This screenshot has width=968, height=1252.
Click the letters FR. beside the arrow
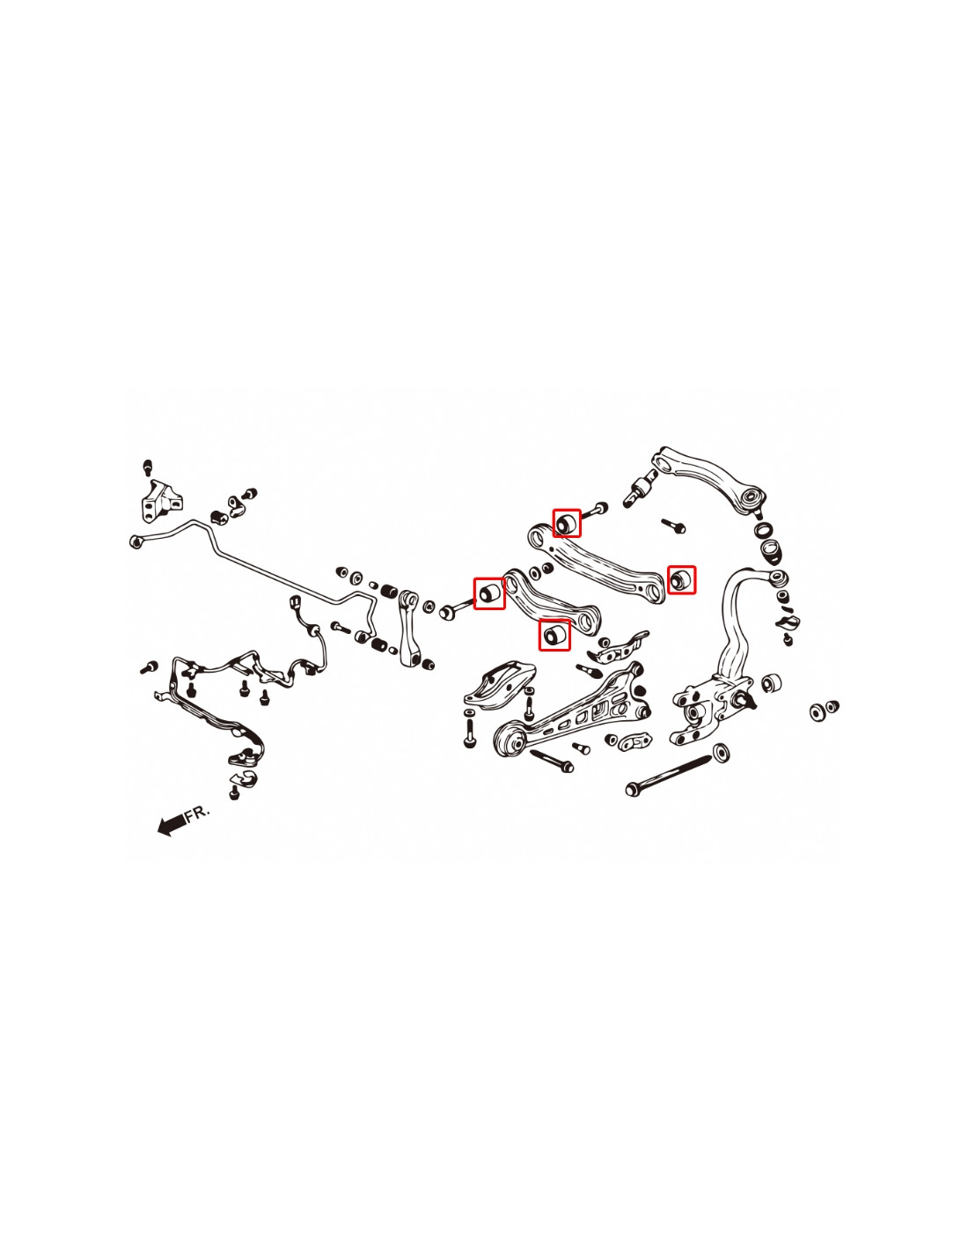197,814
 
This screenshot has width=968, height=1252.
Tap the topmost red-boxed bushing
567,523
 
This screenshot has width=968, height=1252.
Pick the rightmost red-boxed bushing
681,579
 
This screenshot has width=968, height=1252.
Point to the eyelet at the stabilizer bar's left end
136,541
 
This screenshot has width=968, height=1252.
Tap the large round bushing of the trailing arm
510,740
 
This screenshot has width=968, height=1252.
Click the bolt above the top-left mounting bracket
148,468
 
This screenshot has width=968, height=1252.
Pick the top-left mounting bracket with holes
161,501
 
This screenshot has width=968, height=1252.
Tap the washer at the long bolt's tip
721,753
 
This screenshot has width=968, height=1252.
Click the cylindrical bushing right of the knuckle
771,683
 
